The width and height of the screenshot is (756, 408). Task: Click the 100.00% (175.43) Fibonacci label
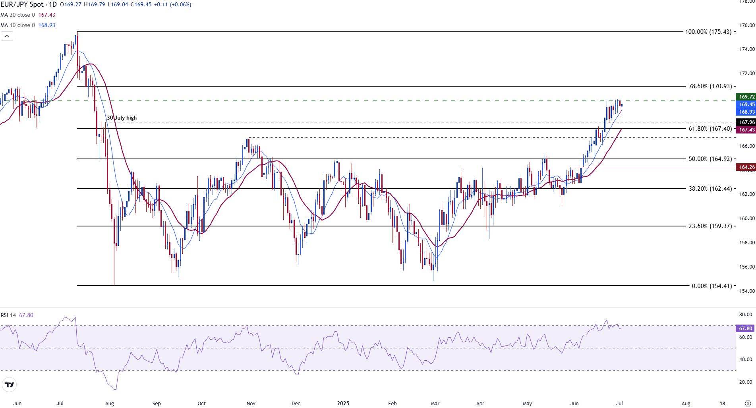click(x=708, y=32)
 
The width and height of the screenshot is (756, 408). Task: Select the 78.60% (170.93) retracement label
click(x=710, y=86)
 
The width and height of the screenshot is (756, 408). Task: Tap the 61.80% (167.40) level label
click(x=710, y=129)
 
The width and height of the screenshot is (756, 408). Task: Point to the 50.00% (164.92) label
click(x=710, y=159)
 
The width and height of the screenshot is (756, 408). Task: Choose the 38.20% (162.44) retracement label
click(x=710, y=189)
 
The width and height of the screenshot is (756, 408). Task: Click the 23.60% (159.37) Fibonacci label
click(x=710, y=226)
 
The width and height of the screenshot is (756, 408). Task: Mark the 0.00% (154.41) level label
click(x=712, y=286)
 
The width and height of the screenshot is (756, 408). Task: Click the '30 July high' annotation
click(x=122, y=118)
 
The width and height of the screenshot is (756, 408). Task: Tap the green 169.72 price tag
click(x=746, y=97)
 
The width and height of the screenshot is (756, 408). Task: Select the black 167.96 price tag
click(x=746, y=122)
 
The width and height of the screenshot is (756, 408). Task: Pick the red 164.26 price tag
click(x=746, y=167)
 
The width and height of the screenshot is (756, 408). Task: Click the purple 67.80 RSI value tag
click(x=745, y=329)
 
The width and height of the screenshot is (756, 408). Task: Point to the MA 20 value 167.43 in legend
click(x=47, y=15)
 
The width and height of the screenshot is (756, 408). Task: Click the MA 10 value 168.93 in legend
click(x=47, y=25)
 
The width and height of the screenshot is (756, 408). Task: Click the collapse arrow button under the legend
click(x=7, y=36)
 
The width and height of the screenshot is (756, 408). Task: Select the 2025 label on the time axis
click(x=343, y=403)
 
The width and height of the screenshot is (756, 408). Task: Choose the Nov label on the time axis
click(x=251, y=403)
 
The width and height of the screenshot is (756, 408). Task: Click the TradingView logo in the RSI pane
click(x=9, y=385)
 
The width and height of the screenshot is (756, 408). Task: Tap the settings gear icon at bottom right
click(x=747, y=403)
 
